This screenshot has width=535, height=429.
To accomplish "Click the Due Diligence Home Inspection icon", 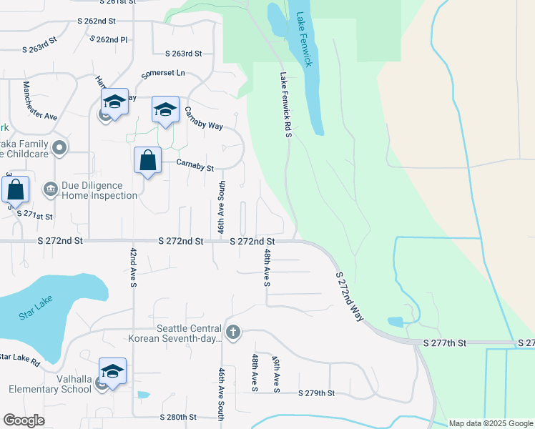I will pyautogui.click(x=51, y=189).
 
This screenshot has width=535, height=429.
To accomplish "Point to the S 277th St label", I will pyautogui.click(x=446, y=343).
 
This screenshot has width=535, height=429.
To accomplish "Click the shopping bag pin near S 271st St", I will pyautogui.click(x=16, y=191).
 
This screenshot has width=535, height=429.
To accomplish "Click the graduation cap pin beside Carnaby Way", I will pyautogui.click(x=165, y=110).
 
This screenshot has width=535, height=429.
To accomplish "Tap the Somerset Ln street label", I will pyautogui.click(x=163, y=73).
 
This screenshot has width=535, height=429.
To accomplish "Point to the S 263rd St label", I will pyautogui.click(x=184, y=54).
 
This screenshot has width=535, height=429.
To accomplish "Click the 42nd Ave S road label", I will pyautogui.click(x=133, y=267).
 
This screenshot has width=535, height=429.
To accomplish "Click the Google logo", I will pyautogui.click(x=24, y=420).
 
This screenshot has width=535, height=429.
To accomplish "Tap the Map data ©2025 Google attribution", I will pyautogui.click(x=491, y=423).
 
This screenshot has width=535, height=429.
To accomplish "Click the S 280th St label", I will pyautogui.click(x=177, y=417).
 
